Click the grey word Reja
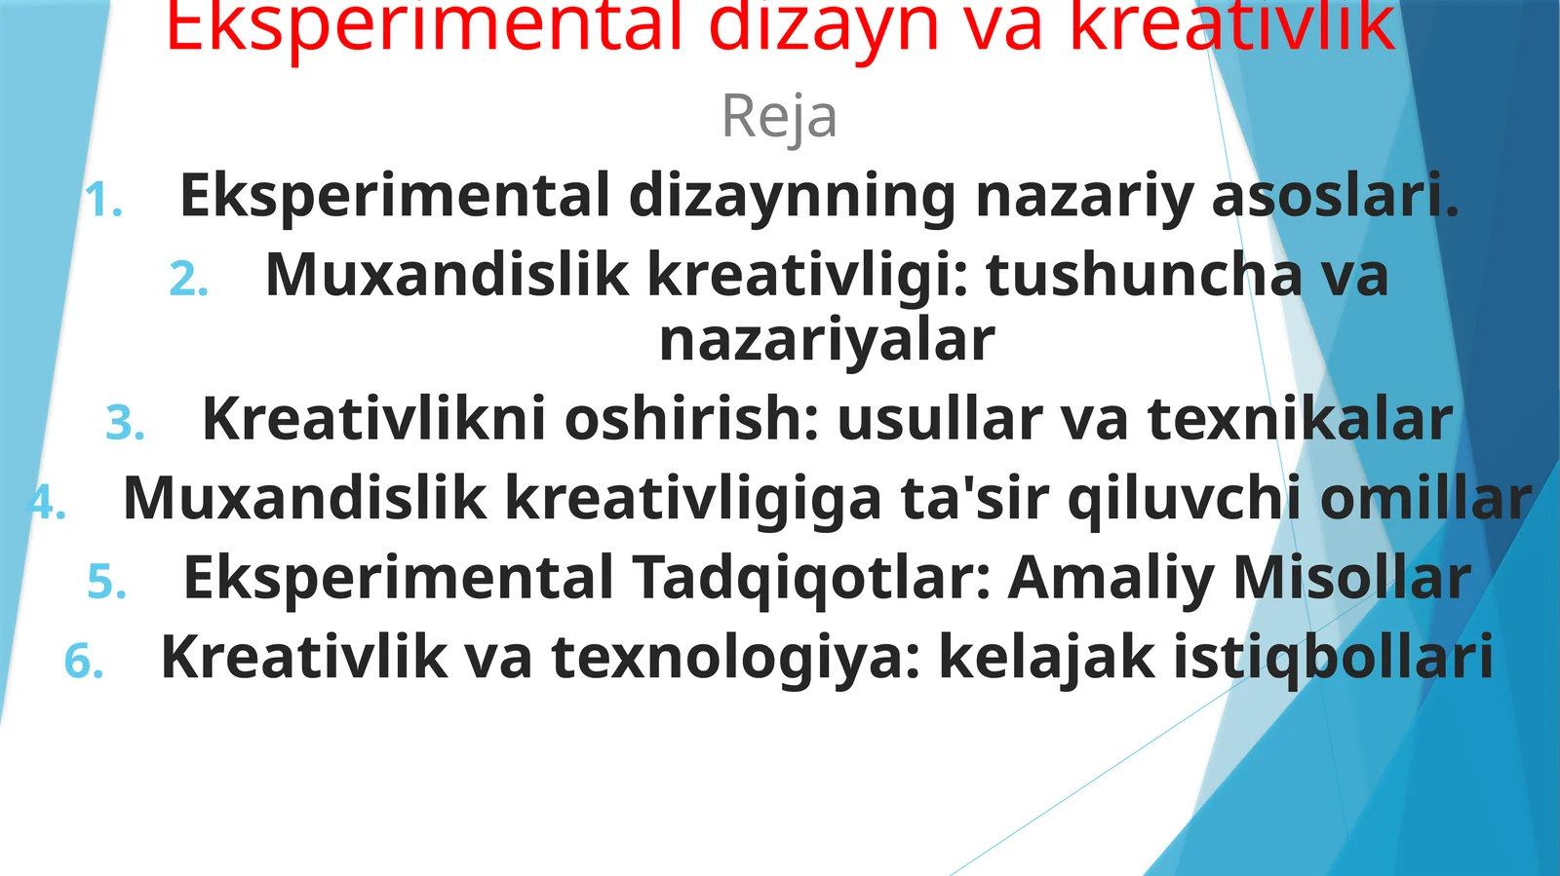pyautogui.click(x=779, y=117)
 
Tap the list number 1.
pyautogui.click(x=103, y=201)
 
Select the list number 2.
pyautogui.click(x=188, y=280)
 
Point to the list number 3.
pyautogui.click(x=125, y=423)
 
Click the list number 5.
pyautogui.click(x=106, y=582)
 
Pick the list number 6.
pyautogui.click(x=84, y=661)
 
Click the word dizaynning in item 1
pyautogui.click(x=792, y=196)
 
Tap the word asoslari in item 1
pyautogui.click(x=1335, y=195)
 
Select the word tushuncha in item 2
pyautogui.click(x=1144, y=275)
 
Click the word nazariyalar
pyautogui.click(x=827, y=340)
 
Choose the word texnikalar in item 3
pyautogui.click(x=1300, y=419)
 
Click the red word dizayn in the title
pyautogui.click(x=825, y=27)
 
